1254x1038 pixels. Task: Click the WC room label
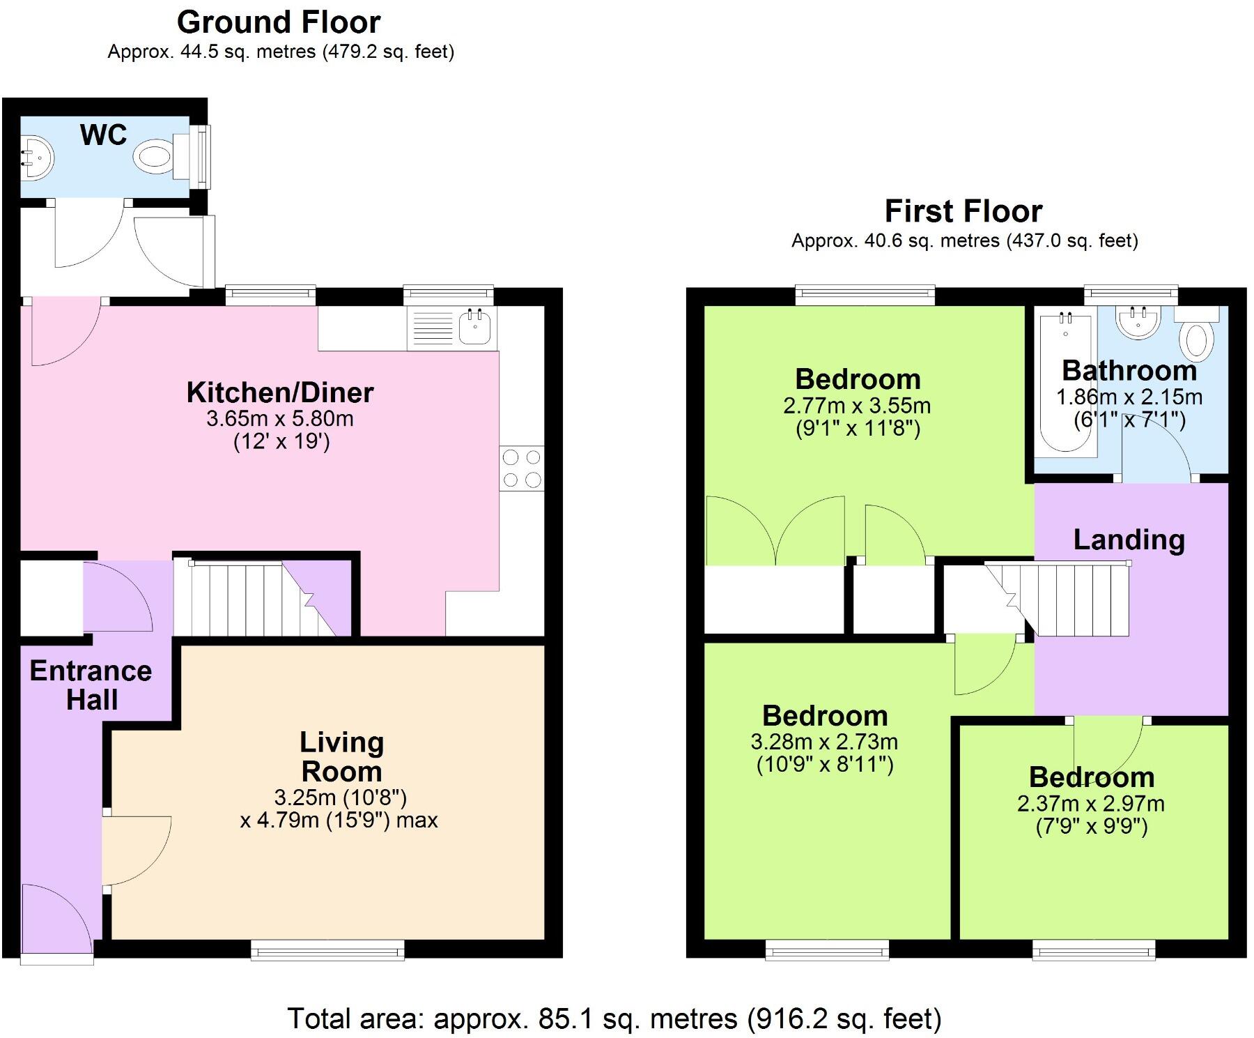104,135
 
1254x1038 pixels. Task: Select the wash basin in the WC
35,156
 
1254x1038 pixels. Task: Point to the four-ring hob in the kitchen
522,468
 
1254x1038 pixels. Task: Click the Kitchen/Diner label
280,392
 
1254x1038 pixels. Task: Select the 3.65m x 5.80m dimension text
280,419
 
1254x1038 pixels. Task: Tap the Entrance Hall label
91,685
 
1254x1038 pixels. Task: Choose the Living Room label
341,757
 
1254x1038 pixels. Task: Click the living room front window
327,949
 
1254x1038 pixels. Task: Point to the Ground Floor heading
279,22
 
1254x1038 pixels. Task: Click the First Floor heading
963,211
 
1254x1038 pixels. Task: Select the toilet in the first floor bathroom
1196,333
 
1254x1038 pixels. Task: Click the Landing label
1129,540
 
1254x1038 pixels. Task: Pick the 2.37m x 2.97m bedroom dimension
1091,804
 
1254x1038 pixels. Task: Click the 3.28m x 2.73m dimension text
824,742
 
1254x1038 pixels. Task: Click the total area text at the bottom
614,1018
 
